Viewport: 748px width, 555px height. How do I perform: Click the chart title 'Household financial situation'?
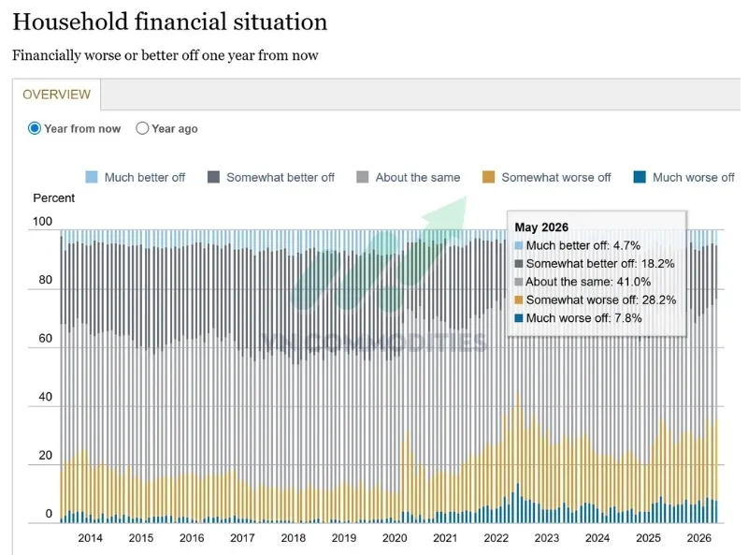click(x=170, y=22)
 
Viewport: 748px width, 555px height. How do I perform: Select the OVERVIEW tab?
click(x=56, y=95)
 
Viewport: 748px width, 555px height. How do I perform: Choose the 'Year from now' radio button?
click(x=35, y=128)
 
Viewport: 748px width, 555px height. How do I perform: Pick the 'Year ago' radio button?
click(x=142, y=128)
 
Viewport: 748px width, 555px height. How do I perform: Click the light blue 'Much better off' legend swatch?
click(x=91, y=177)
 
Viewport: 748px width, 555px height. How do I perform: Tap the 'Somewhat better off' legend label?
click(x=280, y=177)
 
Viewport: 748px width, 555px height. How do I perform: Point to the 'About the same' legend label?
click(x=418, y=177)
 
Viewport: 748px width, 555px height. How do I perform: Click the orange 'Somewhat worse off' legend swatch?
click(x=488, y=177)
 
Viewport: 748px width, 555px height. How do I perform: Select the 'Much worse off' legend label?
click(x=694, y=177)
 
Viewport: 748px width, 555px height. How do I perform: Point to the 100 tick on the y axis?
click(x=42, y=221)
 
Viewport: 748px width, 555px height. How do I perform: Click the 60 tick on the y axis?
click(x=45, y=338)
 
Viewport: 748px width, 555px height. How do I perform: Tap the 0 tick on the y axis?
click(x=49, y=514)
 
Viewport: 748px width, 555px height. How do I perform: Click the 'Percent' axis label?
click(x=54, y=197)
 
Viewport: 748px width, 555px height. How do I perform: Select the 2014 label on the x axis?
click(x=90, y=538)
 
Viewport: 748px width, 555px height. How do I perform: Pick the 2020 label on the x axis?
click(x=395, y=538)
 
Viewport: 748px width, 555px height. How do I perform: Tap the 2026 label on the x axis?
click(x=698, y=538)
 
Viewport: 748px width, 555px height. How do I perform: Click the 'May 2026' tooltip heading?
click(x=541, y=226)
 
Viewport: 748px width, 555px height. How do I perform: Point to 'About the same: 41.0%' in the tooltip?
click(x=588, y=282)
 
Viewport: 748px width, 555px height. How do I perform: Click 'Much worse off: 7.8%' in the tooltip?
click(x=583, y=318)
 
